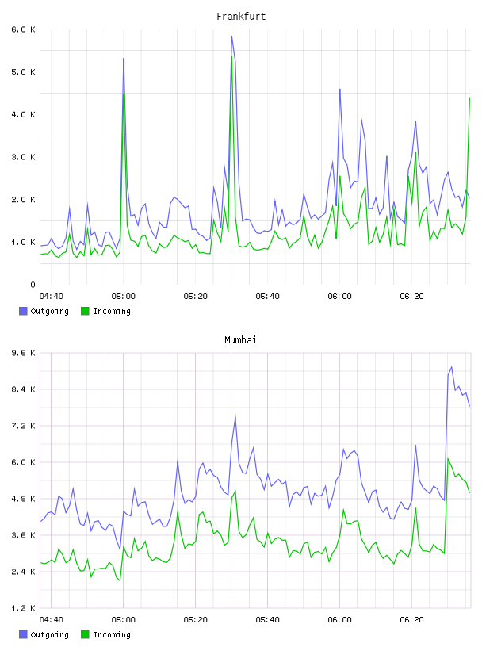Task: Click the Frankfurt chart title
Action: [x=241, y=17]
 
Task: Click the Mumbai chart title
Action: [x=240, y=340]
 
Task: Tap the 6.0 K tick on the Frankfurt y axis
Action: [x=23, y=29]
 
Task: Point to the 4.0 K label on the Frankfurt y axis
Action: [x=23, y=114]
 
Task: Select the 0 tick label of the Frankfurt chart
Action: [x=33, y=285]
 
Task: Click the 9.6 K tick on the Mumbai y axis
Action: [x=23, y=353]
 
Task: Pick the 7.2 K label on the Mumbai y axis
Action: [x=23, y=426]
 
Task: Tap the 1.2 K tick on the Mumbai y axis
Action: [x=23, y=608]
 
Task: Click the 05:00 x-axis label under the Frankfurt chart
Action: [x=124, y=296]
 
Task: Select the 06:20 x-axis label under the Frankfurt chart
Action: [x=412, y=296]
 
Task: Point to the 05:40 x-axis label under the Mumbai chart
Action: [x=267, y=619]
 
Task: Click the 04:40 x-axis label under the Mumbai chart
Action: [x=52, y=619]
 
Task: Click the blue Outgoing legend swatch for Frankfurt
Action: [x=23, y=311]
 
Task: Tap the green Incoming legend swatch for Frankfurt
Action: [x=85, y=311]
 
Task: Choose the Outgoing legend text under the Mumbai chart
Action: [x=49, y=634]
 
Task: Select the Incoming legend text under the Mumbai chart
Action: [x=112, y=634]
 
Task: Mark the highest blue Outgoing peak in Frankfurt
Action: [x=231, y=36]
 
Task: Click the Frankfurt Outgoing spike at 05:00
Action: [x=124, y=59]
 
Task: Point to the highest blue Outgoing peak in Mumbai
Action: [x=451, y=367]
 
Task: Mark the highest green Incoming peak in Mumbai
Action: [x=448, y=458]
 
